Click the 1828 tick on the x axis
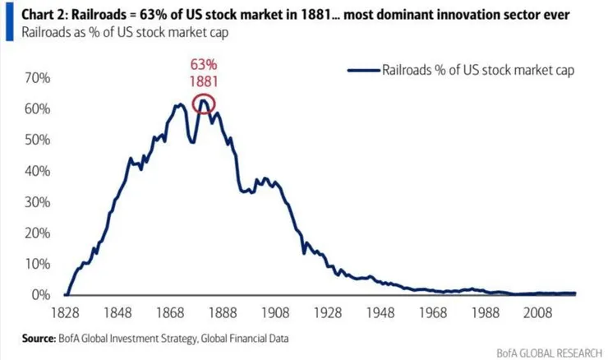click(x=66, y=312)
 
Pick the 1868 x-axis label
click(x=173, y=312)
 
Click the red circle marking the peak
click(x=204, y=104)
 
